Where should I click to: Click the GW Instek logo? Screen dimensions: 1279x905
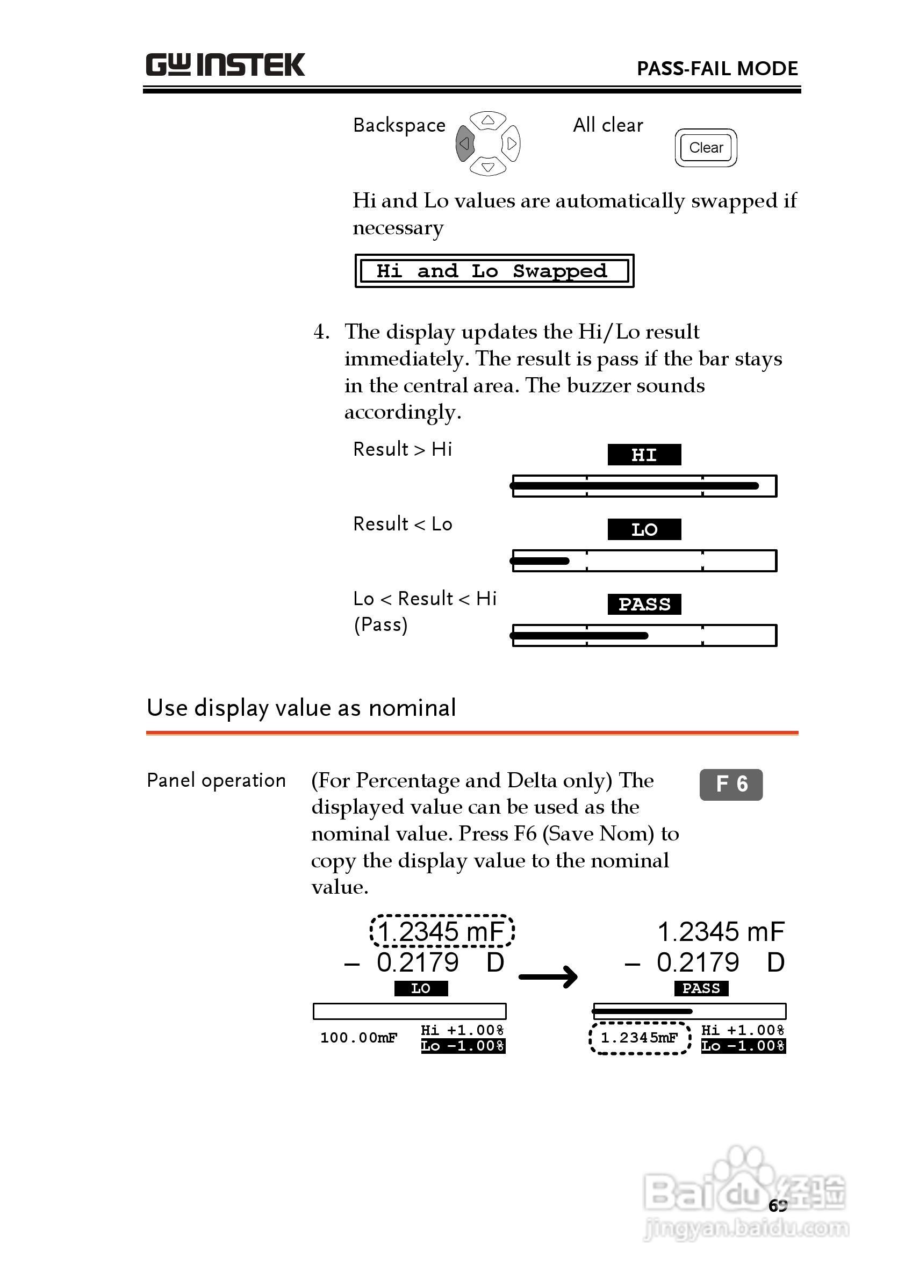click(x=225, y=65)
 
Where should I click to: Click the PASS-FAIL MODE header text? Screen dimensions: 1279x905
click(x=717, y=69)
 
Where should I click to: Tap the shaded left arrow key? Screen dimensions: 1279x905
click(x=465, y=144)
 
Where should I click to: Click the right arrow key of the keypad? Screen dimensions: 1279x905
click(x=511, y=144)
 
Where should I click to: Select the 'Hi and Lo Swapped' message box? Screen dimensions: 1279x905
click(x=494, y=271)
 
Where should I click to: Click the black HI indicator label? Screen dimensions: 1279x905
click(x=644, y=455)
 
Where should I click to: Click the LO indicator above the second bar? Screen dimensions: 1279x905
click(x=644, y=529)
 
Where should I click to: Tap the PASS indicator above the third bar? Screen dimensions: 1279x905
click(x=644, y=604)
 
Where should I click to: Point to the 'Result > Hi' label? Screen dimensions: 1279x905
click(x=403, y=449)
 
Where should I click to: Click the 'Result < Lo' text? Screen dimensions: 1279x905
click(x=403, y=524)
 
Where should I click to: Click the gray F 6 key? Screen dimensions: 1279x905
click(x=730, y=784)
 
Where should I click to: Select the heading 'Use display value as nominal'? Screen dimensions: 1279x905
click(x=301, y=708)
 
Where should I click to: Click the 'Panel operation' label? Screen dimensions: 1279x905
click(x=216, y=780)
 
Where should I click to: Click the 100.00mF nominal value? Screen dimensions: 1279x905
click(x=358, y=1038)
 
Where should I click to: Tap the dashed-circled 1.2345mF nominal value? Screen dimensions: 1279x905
click(x=639, y=1038)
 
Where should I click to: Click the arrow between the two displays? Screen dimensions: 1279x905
click(x=548, y=976)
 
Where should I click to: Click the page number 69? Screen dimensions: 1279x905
click(x=778, y=1205)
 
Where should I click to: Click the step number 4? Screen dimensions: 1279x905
click(x=321, y=332)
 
